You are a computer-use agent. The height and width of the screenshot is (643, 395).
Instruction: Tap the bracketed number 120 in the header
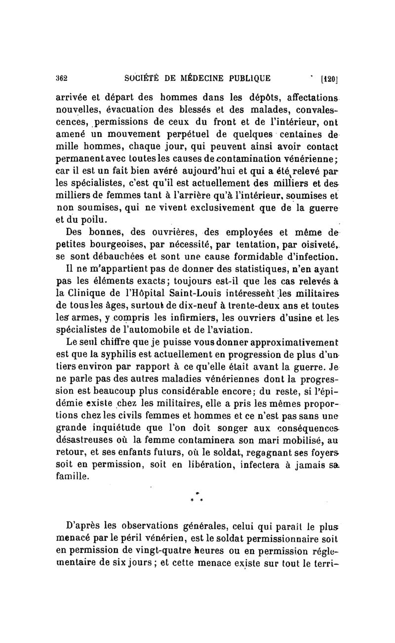[x=328, y=78]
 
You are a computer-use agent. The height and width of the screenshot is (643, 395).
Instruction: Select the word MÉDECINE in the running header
[x=199, y=77]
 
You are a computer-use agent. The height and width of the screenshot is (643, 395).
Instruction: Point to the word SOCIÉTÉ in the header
[x=144, y=77]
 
